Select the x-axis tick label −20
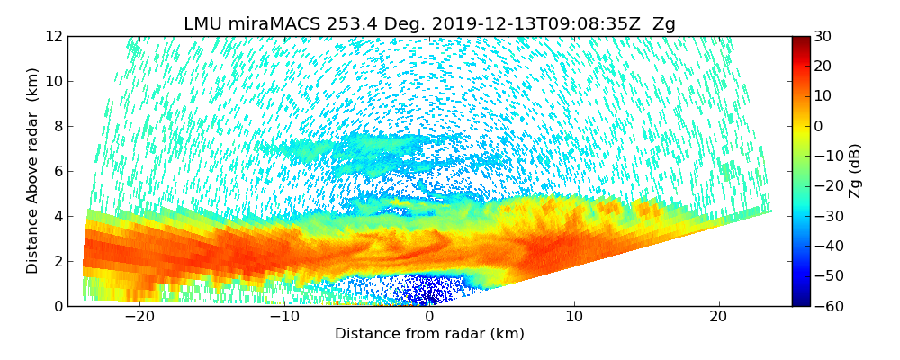[x=139, y=318]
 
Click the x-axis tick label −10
[x=284, y=318]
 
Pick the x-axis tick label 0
[x=429, y=318]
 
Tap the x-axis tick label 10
[x=574, y=318]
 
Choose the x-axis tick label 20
[x=718, y=318]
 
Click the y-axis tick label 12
[x=53, y=37]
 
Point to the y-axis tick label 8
[x=57, y=127]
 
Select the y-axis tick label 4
[x=57, y=217]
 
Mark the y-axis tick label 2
[x=57, y=262]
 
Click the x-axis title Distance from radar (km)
[x=429, y=334]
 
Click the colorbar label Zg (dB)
[x=855, y=171]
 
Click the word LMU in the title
[x=203, y=24]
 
